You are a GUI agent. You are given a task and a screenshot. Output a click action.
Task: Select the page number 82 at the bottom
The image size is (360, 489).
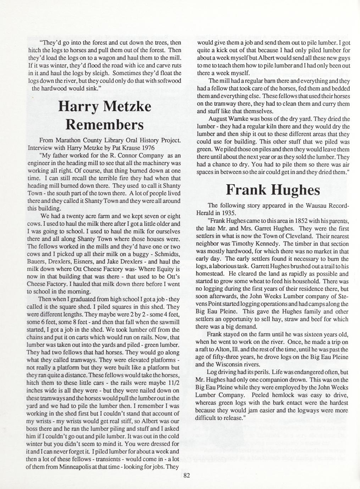click(x=187, y=475)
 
